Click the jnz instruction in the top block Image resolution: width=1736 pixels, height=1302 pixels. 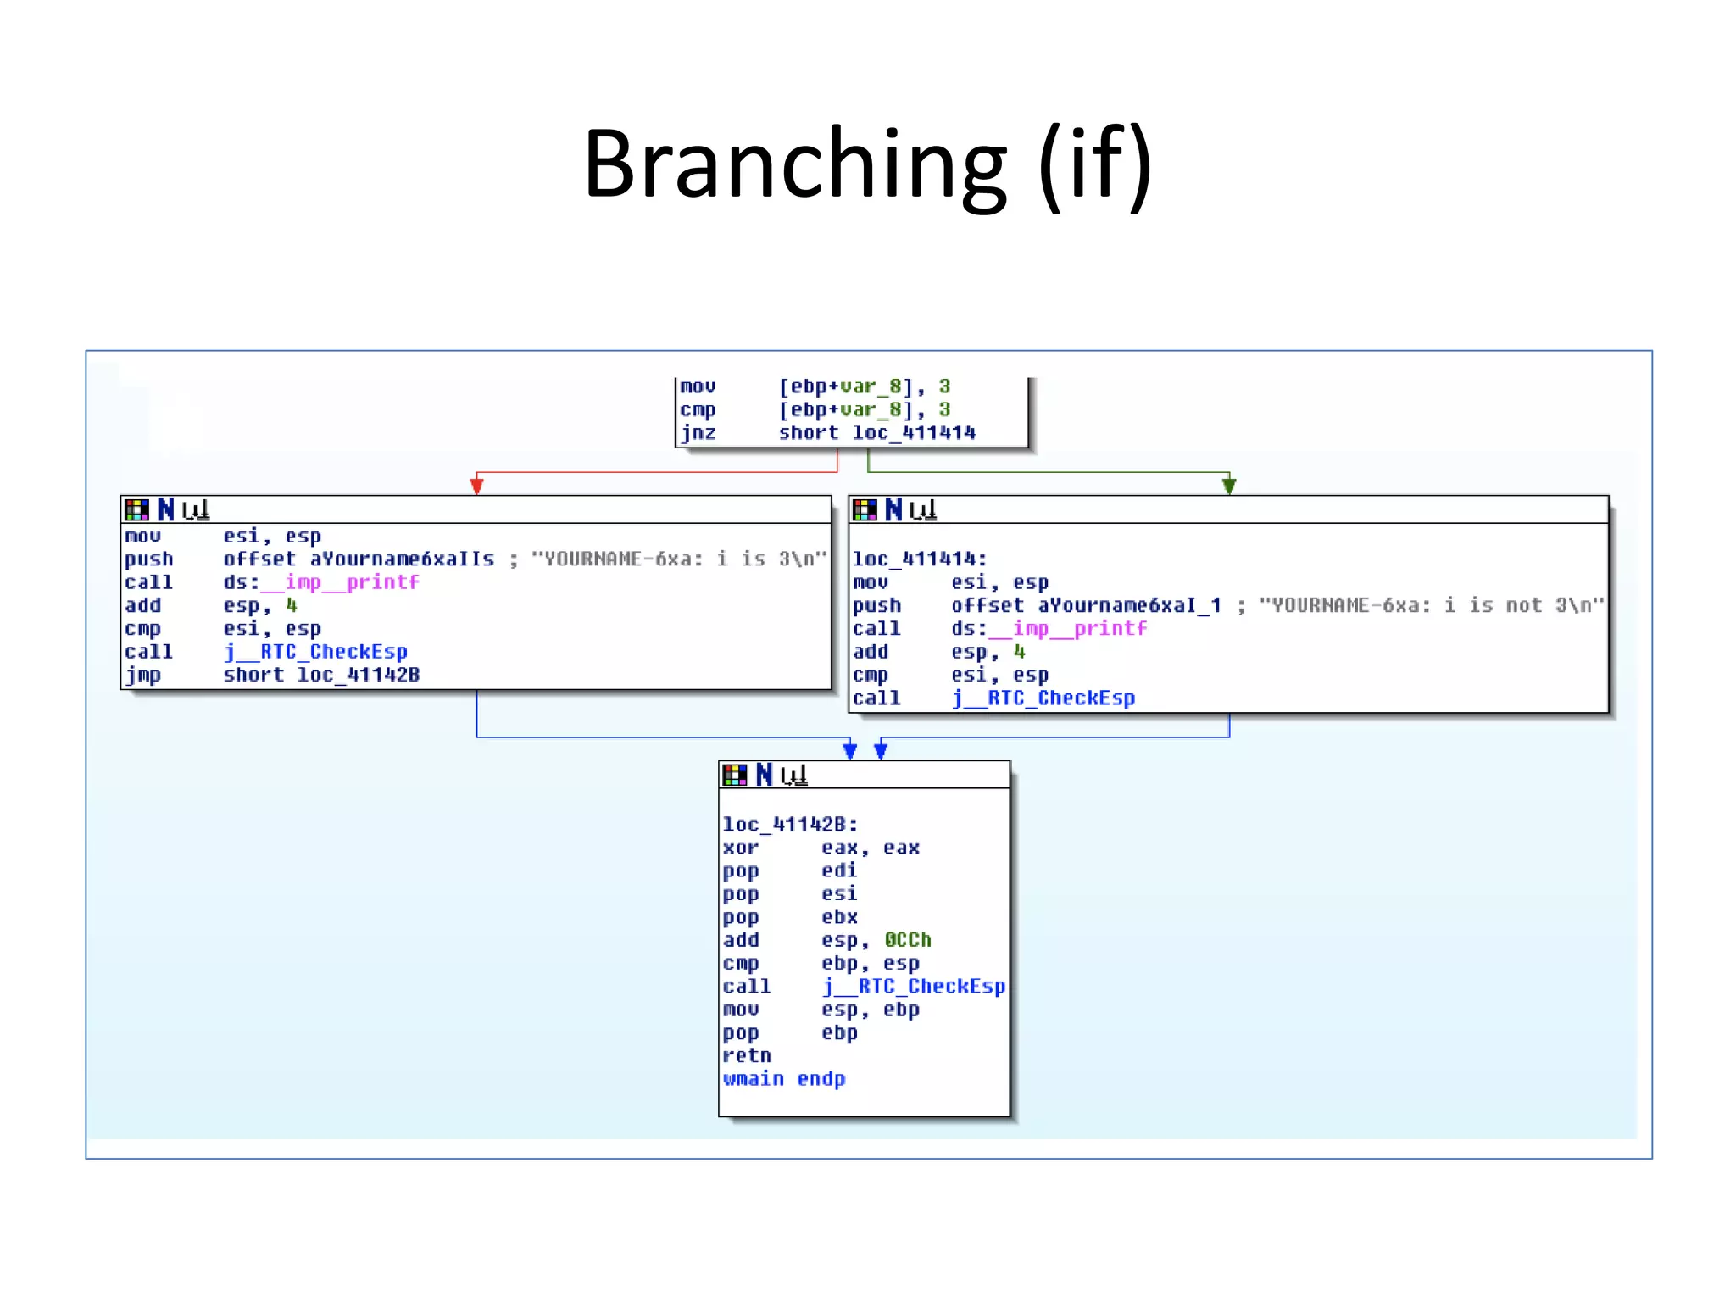click(x=698, y=433)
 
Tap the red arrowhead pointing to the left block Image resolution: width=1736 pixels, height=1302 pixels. click(x=477, y=486)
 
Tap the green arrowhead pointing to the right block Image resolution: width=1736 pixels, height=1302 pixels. click(x=1229, y=486)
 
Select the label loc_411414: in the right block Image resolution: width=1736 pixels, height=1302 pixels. click(x=920, y=559)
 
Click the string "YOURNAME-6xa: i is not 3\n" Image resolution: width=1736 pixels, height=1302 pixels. click(x=1432, y=605)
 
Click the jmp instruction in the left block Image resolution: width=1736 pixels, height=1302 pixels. click(x=143, y=676)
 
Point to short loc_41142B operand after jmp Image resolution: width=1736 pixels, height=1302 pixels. click(x=321, y=676)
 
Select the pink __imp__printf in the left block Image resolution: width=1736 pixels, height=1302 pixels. click(x=340, y=582)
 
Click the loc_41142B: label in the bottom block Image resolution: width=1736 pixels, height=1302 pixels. click(x=790, y=825)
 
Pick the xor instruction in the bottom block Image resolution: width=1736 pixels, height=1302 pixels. click(x=740, y=848)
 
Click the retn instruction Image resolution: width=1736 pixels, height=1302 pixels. click(x=747, y=1056)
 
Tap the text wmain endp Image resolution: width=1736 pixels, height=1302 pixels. click(x=784, y=1079)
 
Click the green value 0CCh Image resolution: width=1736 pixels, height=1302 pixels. click(x=908, y=940)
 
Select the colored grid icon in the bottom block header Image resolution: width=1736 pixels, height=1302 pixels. click(x=735, y=775)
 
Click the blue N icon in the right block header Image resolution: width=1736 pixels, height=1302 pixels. click(x=893, y=509)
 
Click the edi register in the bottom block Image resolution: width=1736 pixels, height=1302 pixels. click(x=839, y=871)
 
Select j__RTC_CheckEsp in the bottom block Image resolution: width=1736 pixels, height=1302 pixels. click(x=915, y=987)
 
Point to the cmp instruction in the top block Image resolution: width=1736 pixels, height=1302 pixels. click(x=698, y=410)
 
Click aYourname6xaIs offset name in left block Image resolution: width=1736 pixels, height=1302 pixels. click(x=402, y=559)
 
